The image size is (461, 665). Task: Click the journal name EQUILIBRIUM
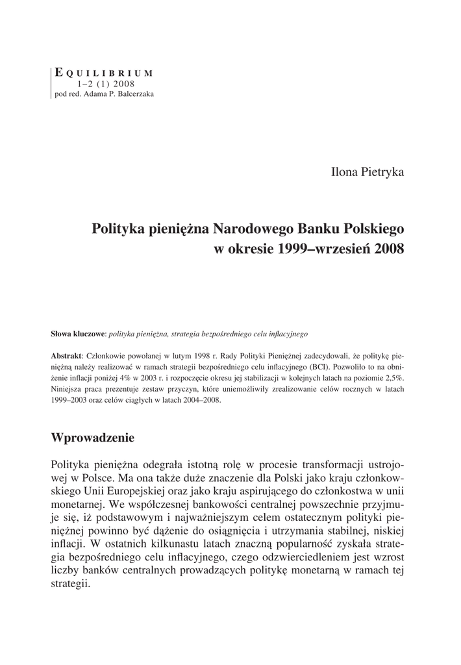pos(104,73)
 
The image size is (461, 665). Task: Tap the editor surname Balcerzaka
pos(132,94)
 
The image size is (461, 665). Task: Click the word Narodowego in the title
pos(255,229)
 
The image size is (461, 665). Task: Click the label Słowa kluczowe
pos(78,334)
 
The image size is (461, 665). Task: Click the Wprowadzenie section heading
pos(92,438)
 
